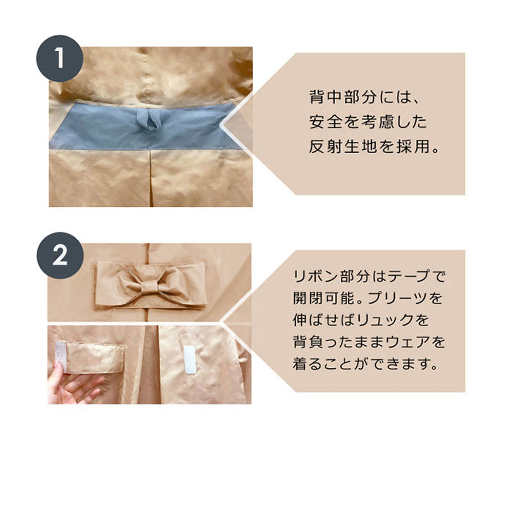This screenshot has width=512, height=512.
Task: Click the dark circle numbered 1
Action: coord(60,59)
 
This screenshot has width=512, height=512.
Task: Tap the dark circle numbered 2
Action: coord(60,256)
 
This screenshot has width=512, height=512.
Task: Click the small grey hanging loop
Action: coord(149,120)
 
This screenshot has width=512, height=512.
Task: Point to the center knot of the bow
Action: coord(149,288)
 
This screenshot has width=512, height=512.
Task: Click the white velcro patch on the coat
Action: coord(190,359)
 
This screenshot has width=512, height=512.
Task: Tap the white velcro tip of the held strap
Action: coord(61,357)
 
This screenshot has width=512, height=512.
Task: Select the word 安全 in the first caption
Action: coord(326,122)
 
